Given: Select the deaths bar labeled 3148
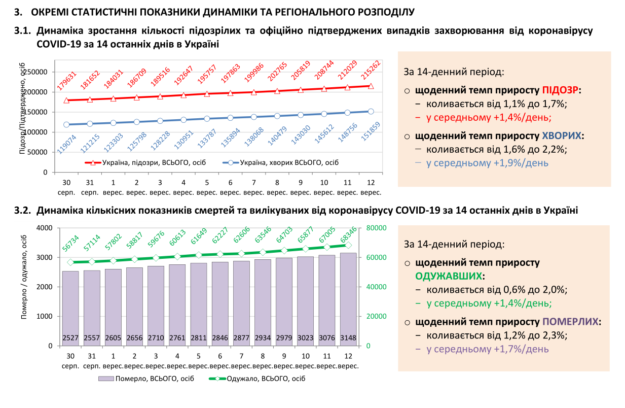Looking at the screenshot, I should [x=348, y=299].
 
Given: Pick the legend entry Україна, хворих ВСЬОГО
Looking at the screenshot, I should [x=282, y=162].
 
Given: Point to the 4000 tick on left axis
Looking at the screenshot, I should [x=45, y=228].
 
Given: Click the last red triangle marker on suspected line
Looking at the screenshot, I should [x=371, y=86].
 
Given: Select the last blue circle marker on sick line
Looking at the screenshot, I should [x=371, y=112].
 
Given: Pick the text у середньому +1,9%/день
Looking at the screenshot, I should [x=487, y=163].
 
